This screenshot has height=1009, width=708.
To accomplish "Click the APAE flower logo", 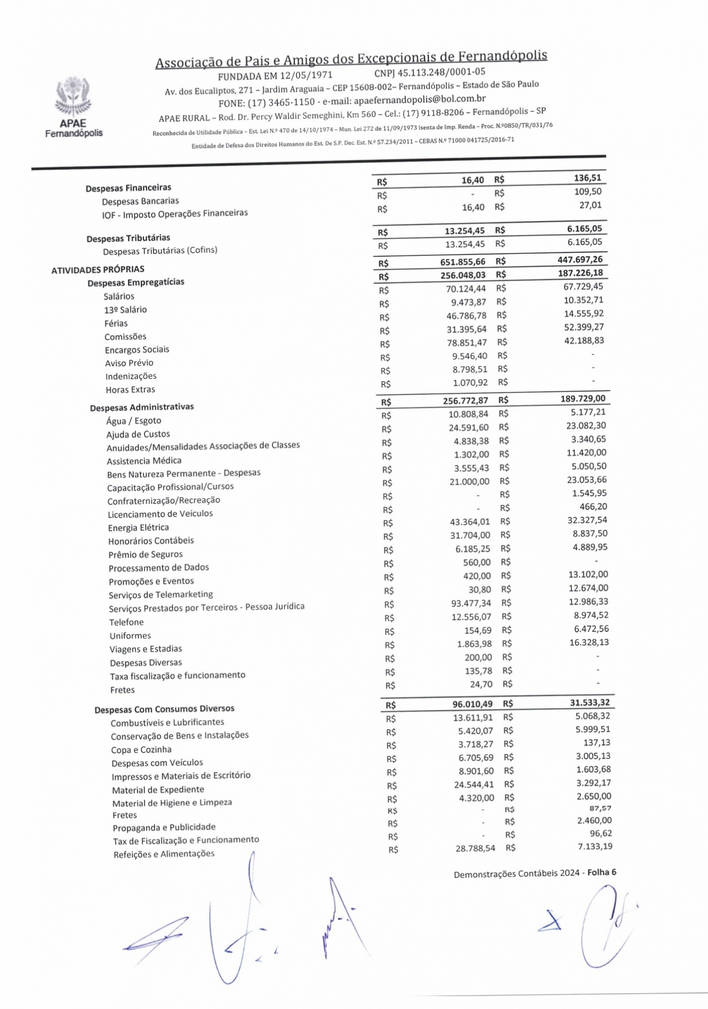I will [74, 97].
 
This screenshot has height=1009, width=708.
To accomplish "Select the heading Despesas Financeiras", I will [128, 188].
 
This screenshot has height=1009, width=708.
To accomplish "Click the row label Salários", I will [119, 296].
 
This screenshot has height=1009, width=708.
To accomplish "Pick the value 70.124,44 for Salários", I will [466, 289].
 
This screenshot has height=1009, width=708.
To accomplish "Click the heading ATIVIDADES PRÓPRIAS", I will [97, 270].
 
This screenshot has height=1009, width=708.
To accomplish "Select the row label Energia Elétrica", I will [138, 528].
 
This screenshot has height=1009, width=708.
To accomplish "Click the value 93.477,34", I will [471, 603].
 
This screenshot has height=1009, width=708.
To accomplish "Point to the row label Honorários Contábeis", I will [150, 540].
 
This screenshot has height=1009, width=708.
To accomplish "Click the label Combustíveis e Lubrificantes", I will [167, 722].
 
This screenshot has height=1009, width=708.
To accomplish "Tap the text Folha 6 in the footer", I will [601, 872].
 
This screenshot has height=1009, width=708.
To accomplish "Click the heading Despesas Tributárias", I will [128, 238].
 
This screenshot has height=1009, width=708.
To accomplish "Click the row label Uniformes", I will [130, 635].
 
